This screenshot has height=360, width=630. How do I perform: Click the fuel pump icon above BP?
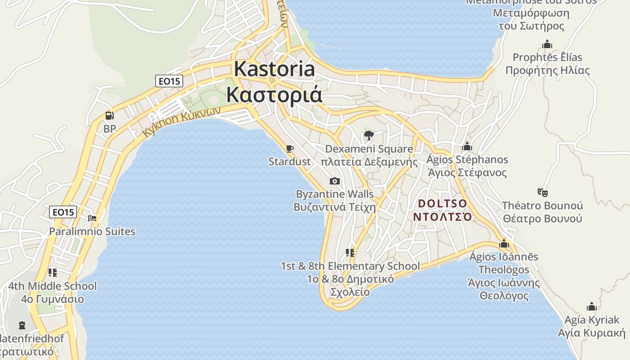pyautogui.click(x=109, y=116)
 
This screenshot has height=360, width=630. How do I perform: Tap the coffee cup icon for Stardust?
pyautogui.click(x=290, y=148)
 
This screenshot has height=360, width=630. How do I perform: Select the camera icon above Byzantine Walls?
pyautogui.click(x=334, y=181)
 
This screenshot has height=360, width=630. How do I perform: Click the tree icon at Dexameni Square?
pyautogui.click(x=369, y=135)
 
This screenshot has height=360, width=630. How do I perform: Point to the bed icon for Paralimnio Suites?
pyautogui.click(x=92, y=218)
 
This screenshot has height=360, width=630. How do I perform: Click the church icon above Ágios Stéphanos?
pyautogui.click(x=467, y=147)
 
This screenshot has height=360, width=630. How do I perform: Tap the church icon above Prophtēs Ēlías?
pyautogui.click(x=547, y=45)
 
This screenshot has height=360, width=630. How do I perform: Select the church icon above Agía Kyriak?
pyautogui.click(x=591, y=307)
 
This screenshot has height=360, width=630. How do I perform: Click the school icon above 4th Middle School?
pyautogui.click(x=53, y=273)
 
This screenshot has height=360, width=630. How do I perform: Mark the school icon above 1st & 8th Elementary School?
pyautogui.click(x=350, y=253)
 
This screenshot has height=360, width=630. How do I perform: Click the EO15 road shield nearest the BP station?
pyautogui.click(x=169, y=81)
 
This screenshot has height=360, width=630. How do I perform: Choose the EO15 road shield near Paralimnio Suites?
pyautogui.click(x=63, y=212)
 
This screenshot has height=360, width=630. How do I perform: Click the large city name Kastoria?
pyautogui.click(x=274, y=69)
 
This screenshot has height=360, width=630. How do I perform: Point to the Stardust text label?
pyautogui.click(x=289, y=162)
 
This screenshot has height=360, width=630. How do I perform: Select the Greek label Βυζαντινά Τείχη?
pyautogui.click(x=334, y=207)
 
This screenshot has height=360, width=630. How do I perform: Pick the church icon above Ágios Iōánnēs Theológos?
pyautogui.click(x=504, y=244)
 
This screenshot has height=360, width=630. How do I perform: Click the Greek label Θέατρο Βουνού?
pyautogui.click(x=542, y=219)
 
